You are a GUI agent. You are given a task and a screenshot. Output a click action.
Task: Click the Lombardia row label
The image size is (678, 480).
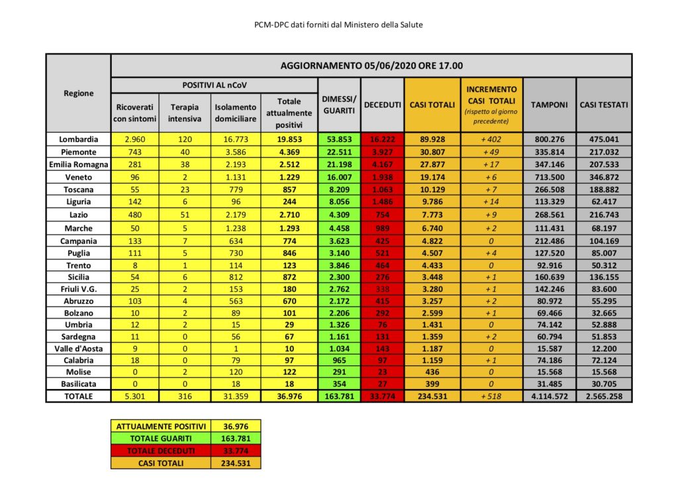79,139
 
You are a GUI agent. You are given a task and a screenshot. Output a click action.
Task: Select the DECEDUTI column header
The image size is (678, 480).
383,105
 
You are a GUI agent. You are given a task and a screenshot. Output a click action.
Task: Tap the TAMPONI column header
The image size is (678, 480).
549,105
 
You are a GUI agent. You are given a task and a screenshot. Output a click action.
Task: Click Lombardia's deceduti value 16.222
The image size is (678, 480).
383,139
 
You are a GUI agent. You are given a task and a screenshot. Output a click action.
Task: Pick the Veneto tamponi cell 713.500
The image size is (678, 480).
549,177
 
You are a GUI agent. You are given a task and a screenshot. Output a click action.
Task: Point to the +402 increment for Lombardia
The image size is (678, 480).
491,139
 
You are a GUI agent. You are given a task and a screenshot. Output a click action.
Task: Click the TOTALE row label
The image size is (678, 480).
79,396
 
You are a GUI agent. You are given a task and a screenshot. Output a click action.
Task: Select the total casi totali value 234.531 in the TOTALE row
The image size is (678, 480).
433,396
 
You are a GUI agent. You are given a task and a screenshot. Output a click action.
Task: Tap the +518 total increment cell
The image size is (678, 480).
491,396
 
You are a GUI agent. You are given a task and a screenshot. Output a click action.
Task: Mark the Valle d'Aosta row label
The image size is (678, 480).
79,347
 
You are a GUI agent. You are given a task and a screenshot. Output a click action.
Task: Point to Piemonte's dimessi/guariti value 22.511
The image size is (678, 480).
340,152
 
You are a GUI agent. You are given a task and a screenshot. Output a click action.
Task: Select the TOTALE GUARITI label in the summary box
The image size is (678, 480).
162,438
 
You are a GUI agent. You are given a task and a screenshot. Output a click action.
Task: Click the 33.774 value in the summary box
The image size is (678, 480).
236,451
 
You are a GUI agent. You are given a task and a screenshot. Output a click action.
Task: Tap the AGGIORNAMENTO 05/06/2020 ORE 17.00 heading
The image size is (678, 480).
371,66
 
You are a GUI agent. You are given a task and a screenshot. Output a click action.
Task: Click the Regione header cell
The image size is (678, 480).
79,93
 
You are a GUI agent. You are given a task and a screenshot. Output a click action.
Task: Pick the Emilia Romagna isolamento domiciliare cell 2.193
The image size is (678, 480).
235,164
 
